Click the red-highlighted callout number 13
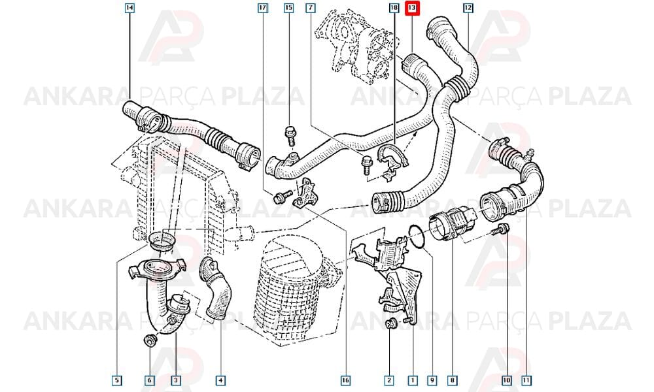tap(411, 8)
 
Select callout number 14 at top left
tap(129, 7)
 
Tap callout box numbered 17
tap(262, 7)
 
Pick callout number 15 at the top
tap(288, 7)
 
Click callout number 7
tap(310, 7)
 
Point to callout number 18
tap(394, 7)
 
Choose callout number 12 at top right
tap(468, 7)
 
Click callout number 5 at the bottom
tap(117, 380)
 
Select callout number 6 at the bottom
tap(149, 380)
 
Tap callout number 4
tap(220, 380)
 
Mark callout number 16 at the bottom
tap(345, 380)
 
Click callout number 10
tap(506, 380)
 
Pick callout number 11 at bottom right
tap(526, 380)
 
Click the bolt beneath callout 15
tap(290, 136)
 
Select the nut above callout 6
tap(149, 340)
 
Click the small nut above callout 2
tap(390, 323)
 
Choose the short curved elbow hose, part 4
tap(215, 289)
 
